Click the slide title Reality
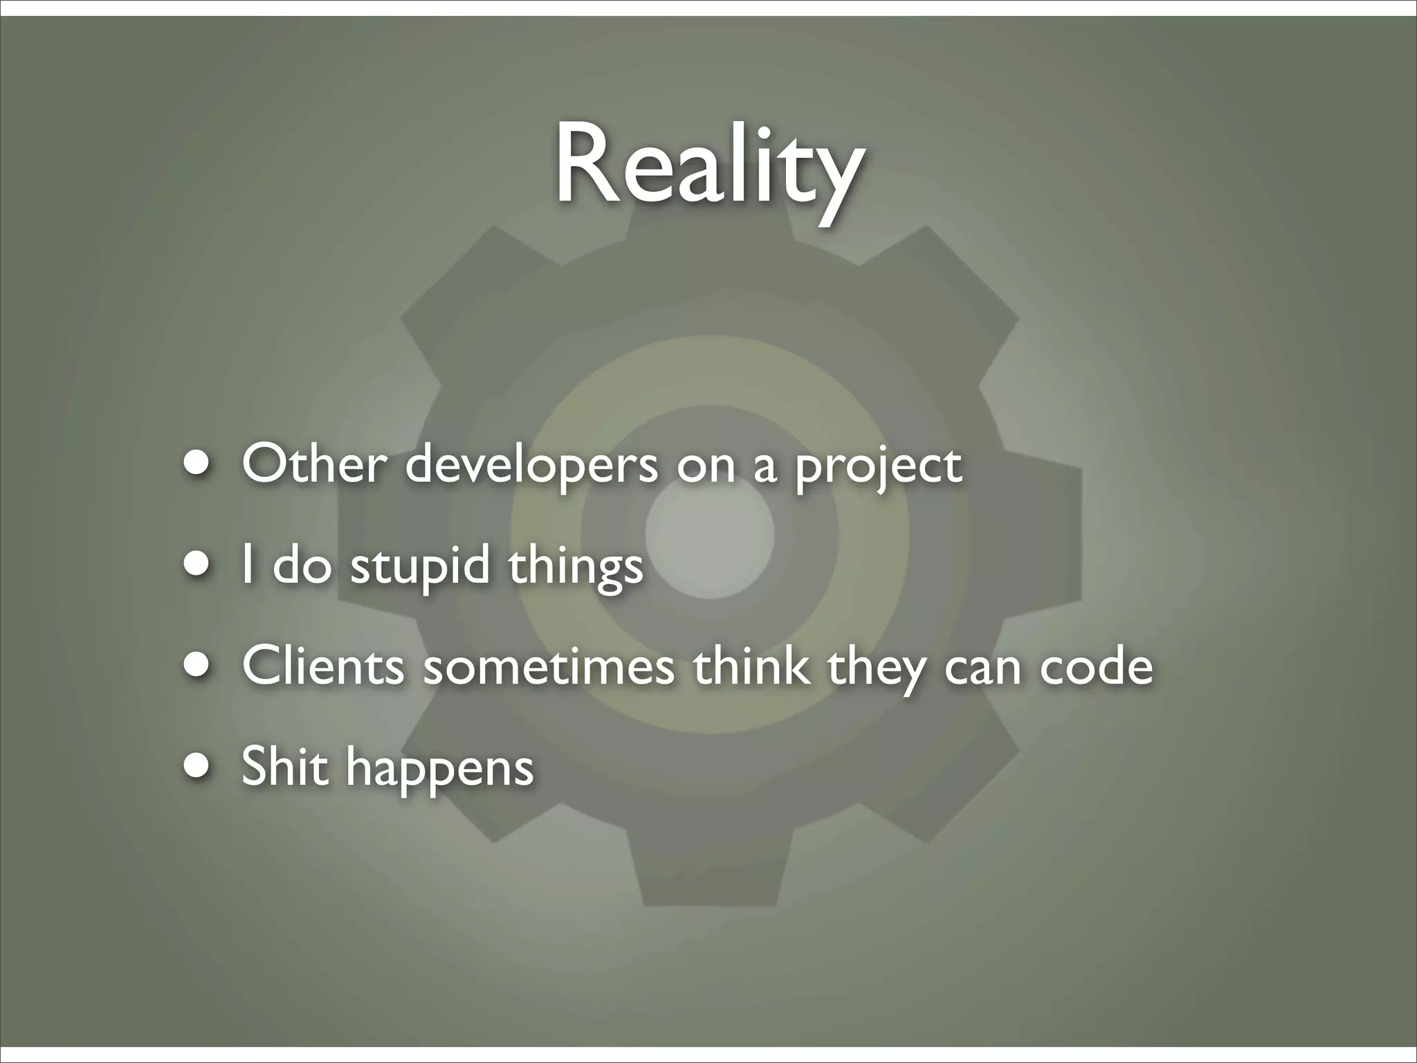(708, 166)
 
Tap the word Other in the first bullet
(313, 464)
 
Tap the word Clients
(323, 666)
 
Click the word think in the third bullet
(751, 666)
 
